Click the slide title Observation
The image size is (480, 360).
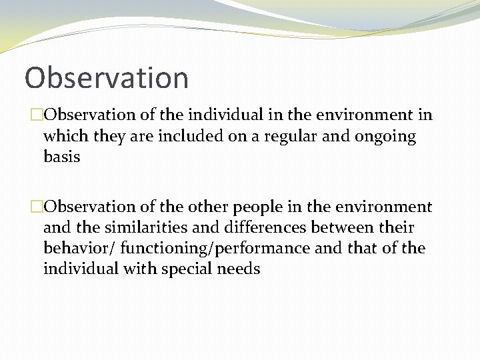click(x=107, y=77)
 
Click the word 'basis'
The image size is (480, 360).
click(x=61, y=157)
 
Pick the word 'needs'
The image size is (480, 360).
click(x=239, y=269)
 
